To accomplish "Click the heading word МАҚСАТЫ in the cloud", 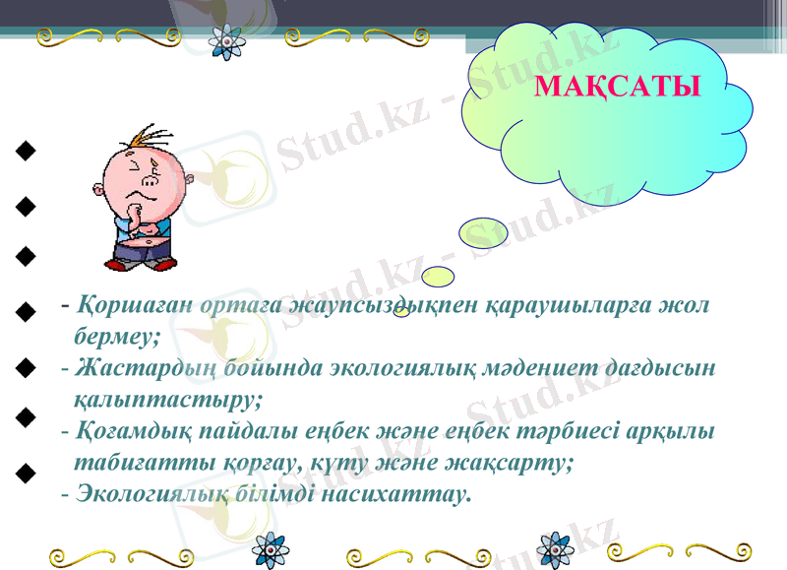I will pos(617,87).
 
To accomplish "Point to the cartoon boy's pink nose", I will pos(151,181).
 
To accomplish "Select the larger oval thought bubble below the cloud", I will pos(484,232).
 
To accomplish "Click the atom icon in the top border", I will pos(228,40).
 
